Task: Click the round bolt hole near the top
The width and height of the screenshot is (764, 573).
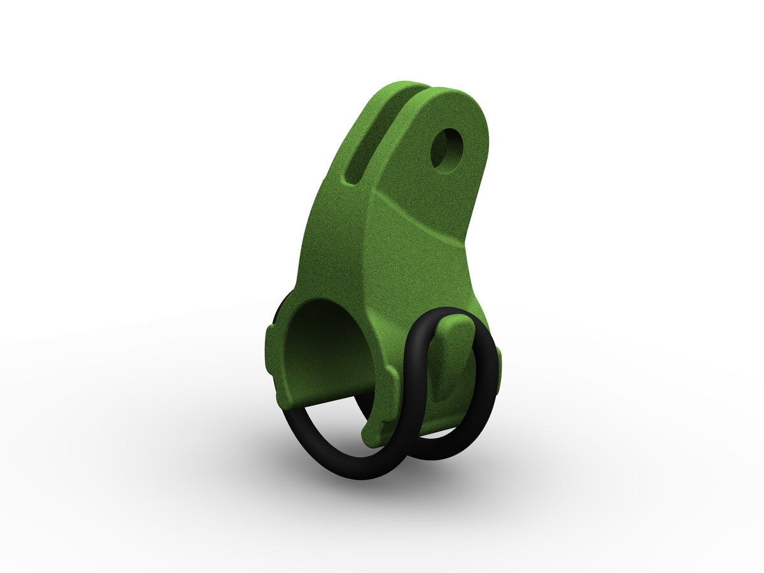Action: pyautogui.click(x=448, y=150)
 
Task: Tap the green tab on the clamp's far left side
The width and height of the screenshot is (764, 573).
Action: pyautogui.click(x=270, y=350)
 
